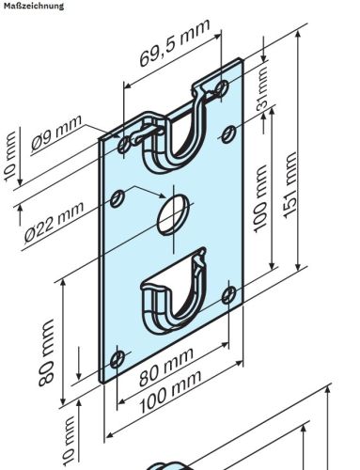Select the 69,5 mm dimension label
coord(173,55)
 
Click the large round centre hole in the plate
coord(171,213)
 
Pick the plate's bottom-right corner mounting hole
coord(228,294)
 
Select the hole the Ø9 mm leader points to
coord(127,144)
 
